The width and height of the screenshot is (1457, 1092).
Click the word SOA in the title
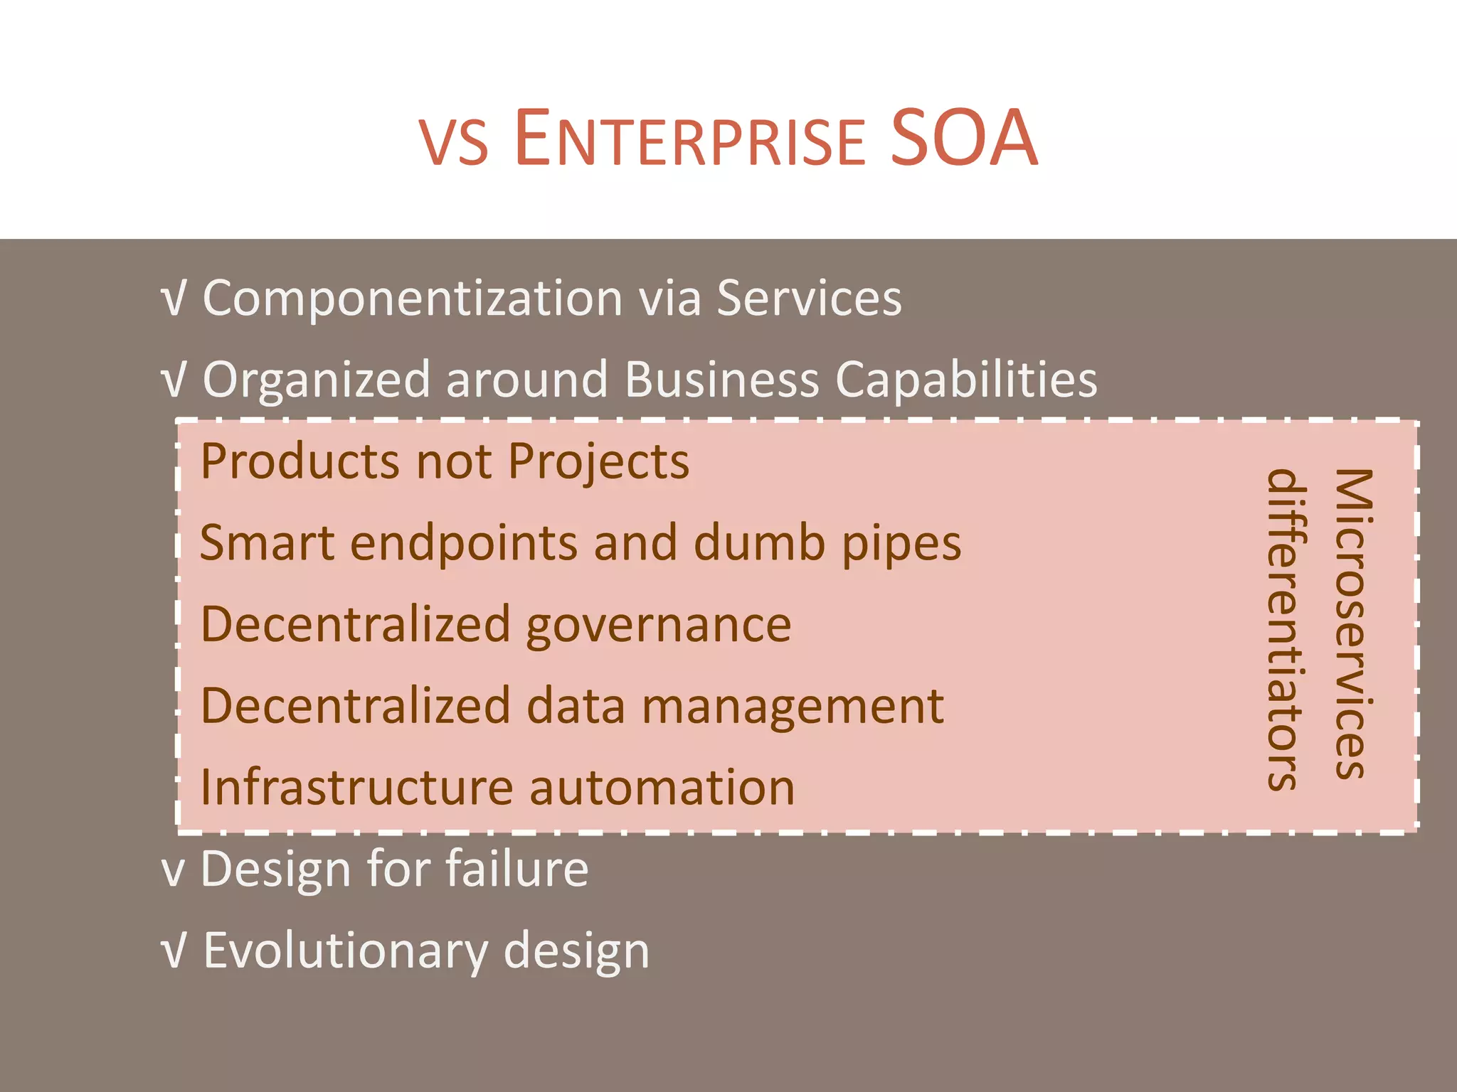pyautogui.click(x=964, y=139)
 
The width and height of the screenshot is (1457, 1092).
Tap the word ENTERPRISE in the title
pyautogui.click(x=689, y=140)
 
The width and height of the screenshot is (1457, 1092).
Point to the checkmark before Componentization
pyautogui.click(x=173, y=299)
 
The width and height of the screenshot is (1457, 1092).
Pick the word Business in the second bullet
pyautogui.click(x=721, y=379)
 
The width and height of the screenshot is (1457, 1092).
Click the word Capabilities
pyautogui.click(x=966, y=380)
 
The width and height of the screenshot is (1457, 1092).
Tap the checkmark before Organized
pyautogui.click(x=173, y=380)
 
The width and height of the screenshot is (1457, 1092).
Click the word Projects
pyautogui.click(x=598, y=462)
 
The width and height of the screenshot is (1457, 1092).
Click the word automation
pyautogui.click(x=662, y=788)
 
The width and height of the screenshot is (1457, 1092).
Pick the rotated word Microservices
pyautogui.click(x=1352, y=623)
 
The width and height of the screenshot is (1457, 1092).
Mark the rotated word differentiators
pyautogui.click(x=1286, y=629)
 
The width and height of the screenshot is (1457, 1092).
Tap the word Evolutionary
pyautogui.click(x=346, y=951)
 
